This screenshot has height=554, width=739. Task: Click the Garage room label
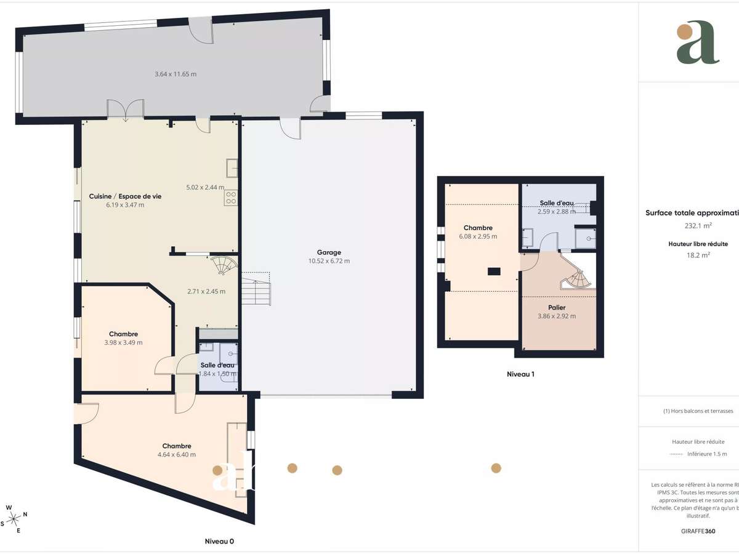tap(329, 252)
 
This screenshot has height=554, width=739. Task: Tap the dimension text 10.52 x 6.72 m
tap(329, 261)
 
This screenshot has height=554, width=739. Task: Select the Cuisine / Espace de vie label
tap(125, 196)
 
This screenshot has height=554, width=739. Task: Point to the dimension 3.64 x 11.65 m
tap(176, 74)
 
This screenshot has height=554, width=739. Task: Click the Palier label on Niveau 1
tap(557, 307)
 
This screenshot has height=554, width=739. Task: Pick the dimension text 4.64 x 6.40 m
tap(177, 455)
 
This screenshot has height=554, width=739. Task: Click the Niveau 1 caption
tap(520, 374)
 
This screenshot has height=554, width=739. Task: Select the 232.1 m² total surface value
tap(690, 225)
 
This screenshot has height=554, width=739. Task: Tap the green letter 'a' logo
tap(698, 42)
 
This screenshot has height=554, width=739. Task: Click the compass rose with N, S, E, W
tap(15, 518)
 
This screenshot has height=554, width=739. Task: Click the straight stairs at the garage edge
tap(256, 290)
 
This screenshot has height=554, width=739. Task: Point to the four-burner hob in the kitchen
tap(232, 198)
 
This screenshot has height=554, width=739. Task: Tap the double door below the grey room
tap(125, 110)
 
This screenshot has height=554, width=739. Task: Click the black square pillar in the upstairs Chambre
tap(493, 271)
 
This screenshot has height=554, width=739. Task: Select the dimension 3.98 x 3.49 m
tap(124, 343)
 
